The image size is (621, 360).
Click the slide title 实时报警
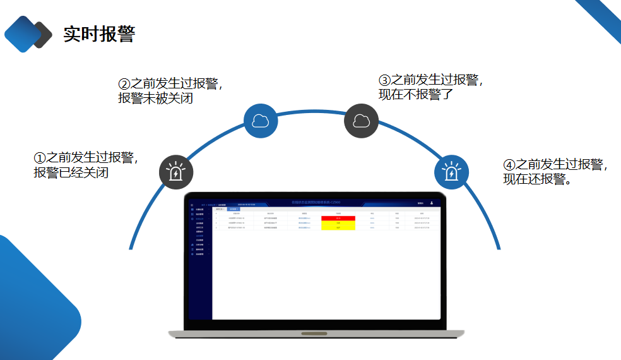tap(99, 34)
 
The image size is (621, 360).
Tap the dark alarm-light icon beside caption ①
tap(175, 172)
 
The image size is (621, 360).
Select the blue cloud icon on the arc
tap(261, 121)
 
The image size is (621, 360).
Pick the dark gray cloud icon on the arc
tap(361, 121)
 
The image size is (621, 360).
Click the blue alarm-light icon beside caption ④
tap(451, 172)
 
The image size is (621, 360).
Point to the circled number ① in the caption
tap(40, 158)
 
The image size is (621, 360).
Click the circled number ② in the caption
tap(124, 84)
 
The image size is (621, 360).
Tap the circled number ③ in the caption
tap(384, 81)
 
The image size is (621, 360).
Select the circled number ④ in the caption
tap(509, 165)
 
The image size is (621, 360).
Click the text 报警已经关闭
tap(71, 172)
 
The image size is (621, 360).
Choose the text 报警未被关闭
tap(155, 99)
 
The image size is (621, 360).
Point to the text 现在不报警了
tap(416, 95)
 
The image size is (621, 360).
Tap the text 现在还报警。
tap(538, 179)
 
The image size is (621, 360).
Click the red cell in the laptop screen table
tap(338, 218)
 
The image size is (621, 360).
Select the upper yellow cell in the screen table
tap(338, 222)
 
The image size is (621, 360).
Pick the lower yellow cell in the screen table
tap(338, 227)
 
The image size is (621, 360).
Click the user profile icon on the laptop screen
tap(432, 203)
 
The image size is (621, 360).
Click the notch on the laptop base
tap(319, 333)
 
